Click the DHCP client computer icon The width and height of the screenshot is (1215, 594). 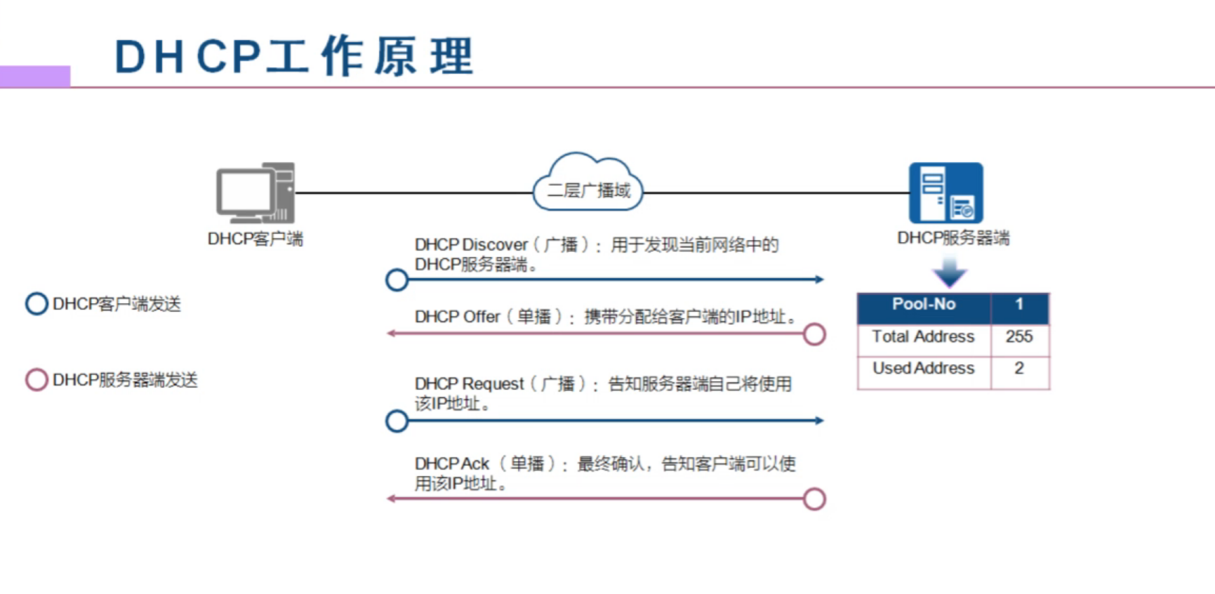point(255,193)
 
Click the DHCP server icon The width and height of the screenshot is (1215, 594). point(945,193)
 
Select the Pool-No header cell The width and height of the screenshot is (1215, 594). point(924,305)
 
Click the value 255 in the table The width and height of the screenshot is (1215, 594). point(1019,337)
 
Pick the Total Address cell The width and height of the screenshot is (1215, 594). point(924,337)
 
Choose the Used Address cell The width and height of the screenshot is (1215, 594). point(924,369)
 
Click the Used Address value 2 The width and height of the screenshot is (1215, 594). point(1019,369)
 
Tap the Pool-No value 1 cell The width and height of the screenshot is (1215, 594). point(1019,305)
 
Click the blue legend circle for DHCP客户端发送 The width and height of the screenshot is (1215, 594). point(36,304)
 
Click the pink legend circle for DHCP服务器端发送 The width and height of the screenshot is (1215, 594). point(36,380)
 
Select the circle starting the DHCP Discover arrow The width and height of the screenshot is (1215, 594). point(397,280)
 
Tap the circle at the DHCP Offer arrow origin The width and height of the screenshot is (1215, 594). point(814,334)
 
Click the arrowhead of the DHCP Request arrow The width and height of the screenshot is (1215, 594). point(819,421)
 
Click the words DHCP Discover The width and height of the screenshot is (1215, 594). point(471,245)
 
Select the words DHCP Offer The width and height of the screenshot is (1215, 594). point(457,317)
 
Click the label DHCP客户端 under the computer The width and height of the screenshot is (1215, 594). point(255,239)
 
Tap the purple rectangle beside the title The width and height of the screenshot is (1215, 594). point(35,76)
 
